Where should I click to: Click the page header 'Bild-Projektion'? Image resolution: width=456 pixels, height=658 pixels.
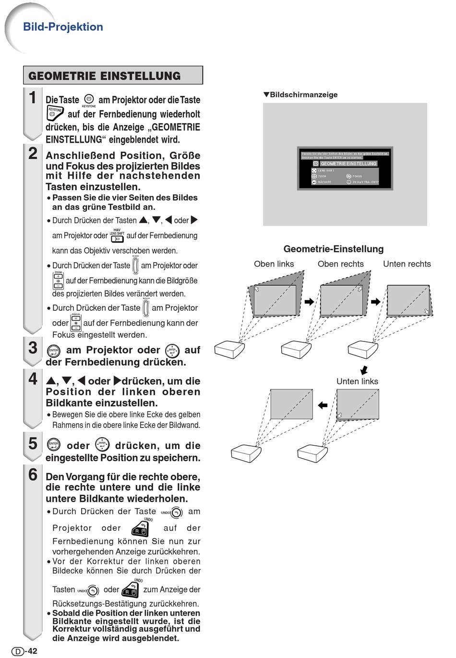(63, 27)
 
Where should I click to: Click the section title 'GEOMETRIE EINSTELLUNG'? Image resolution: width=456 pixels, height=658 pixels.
(105, 76)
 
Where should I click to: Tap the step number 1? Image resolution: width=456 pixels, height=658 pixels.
(33, 97)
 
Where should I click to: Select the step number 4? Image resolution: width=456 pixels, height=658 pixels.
(33, 378)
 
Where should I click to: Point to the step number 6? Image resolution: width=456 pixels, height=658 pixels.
(33, 475)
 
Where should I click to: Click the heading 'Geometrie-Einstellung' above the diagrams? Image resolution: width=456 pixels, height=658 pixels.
(334, 249)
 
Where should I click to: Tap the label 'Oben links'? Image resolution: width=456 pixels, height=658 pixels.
(274, 264)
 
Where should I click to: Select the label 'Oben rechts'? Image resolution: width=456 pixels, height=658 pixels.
(340, 264)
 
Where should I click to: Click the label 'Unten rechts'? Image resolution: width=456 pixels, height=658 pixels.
(407, 264)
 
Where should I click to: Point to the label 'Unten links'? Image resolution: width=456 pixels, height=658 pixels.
(357, 381)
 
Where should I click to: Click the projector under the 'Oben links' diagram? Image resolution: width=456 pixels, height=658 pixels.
(229, 349)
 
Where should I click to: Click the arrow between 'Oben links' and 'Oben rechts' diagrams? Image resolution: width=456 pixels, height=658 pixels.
(309, 302)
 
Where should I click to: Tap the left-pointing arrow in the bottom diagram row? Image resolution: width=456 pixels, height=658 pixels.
(323, 405)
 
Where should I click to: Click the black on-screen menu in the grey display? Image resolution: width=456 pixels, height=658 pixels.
(345, 168)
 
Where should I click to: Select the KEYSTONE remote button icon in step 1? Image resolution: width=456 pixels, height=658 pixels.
(55, 113)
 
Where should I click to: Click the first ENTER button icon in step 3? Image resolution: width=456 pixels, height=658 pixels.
(54, 351)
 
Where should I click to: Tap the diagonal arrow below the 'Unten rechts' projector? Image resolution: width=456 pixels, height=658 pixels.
(364, 370)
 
